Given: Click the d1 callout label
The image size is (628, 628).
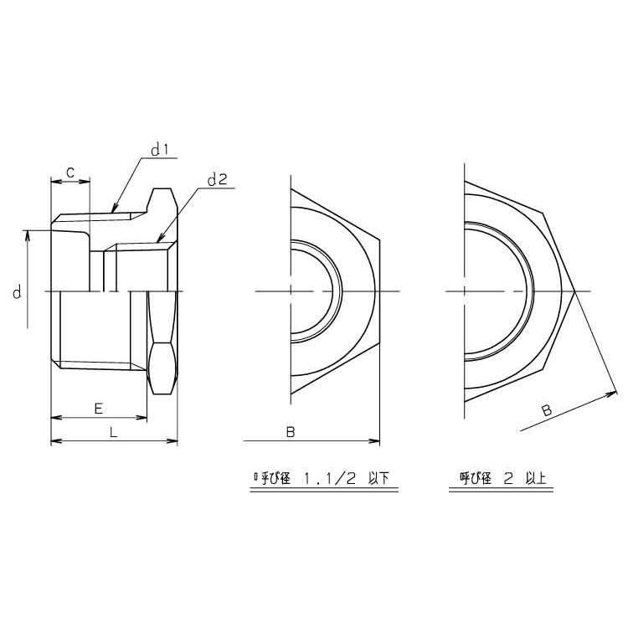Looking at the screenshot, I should point(161,150).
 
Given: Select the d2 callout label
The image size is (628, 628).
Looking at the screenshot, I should point(218,178).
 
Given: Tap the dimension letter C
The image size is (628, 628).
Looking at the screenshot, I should point(71,171).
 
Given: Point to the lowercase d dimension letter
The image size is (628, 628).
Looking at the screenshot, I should point(16,292).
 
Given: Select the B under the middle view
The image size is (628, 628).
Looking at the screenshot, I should point(291,432).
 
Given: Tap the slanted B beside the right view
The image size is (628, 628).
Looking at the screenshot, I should point(545,410).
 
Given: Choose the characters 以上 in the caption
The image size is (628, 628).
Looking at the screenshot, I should point(537,480).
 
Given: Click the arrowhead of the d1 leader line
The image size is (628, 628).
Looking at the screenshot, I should point(114,208).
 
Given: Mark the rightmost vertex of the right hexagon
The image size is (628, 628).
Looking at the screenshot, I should point(574,292).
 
